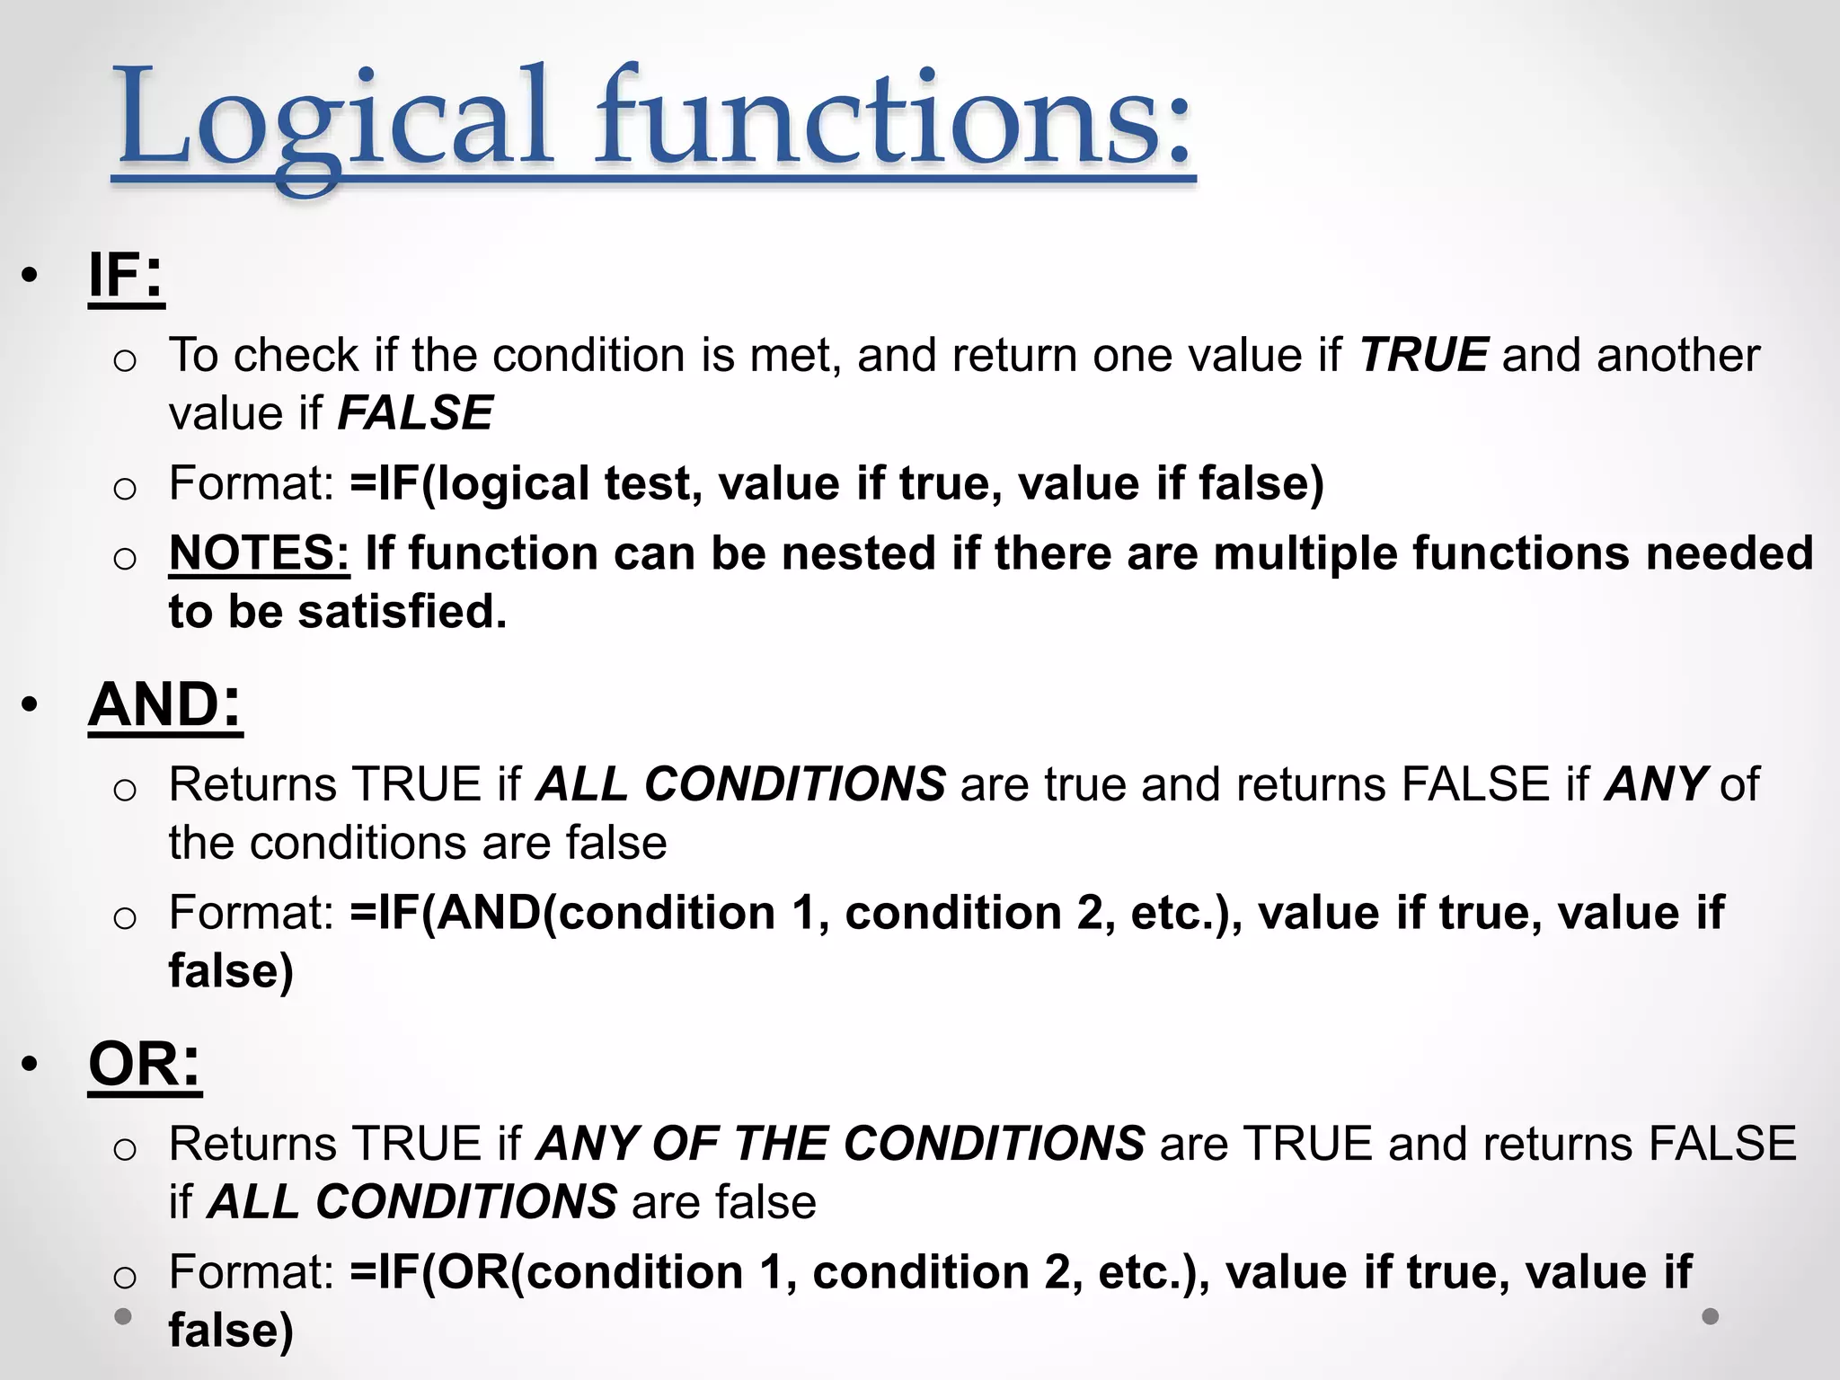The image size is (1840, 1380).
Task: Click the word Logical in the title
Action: [332, 121]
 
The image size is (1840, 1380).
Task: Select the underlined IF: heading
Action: [126, 276]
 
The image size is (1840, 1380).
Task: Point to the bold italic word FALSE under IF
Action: [415, 413]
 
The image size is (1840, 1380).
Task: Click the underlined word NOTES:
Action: [259, 553]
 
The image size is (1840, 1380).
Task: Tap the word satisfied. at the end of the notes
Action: [402, 612]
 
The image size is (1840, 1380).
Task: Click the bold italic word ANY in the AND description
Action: [1656, 784]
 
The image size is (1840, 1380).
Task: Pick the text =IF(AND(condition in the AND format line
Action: [562, 913]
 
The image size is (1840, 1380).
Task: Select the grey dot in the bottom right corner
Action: [1711, 1316]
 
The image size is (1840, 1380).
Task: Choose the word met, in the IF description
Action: [795, 356]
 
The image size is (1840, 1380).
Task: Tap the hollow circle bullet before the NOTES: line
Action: [125, 558]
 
